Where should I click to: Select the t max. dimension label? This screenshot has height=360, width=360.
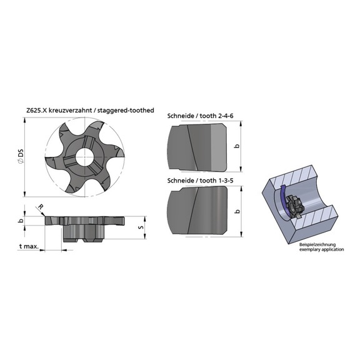coord(29,247)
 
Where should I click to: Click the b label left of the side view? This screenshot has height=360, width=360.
coord(20,221)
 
